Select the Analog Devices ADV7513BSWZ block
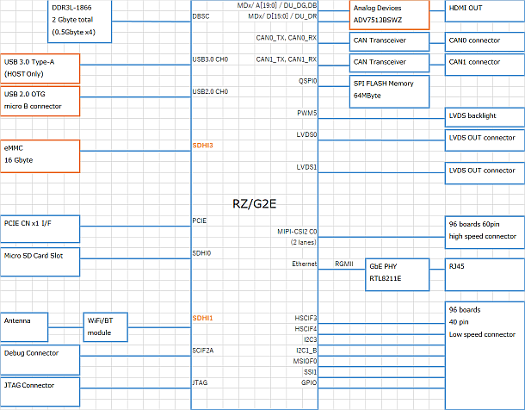(389, 15)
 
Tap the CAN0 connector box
(484, 40)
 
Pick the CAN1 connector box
(484, 62)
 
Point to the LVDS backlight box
(484, 115)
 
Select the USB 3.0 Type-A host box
(40, 68)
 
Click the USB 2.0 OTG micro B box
(40, 100)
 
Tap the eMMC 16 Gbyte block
(40, 153)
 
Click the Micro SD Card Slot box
(40, 257)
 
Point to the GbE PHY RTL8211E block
(395, 272)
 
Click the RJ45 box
(484, 268)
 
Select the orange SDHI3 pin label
(203, 146)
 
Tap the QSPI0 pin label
(307, 81)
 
